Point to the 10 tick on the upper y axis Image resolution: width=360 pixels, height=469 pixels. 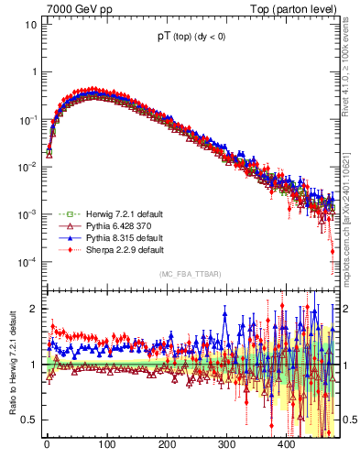coord(30,25)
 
